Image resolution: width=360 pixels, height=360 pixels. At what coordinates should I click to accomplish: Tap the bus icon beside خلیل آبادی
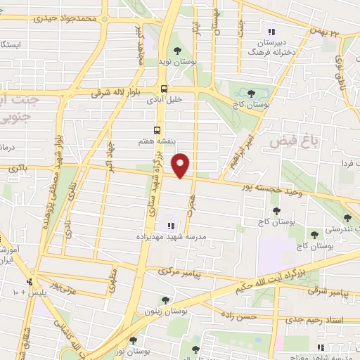[x=164, y=89]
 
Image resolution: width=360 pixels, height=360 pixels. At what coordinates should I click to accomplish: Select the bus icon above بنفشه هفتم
[x=157, y=131]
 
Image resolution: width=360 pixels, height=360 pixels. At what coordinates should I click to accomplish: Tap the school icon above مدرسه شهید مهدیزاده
[x=169, y=226]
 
